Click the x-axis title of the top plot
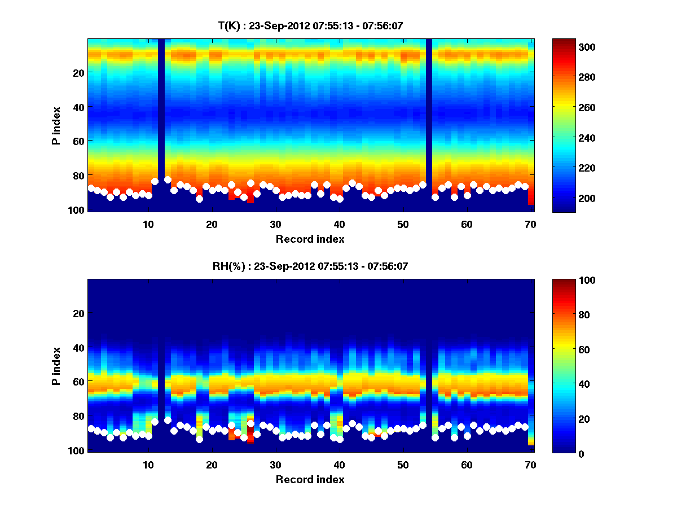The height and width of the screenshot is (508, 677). [310, 239]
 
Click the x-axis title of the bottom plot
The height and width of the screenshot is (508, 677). [310, 480]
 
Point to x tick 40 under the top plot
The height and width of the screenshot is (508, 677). [339, 224]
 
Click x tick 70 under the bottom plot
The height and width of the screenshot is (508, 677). [530, 465]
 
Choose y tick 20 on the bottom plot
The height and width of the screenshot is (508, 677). [78, 313]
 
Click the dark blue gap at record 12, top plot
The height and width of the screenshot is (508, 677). [161, 113]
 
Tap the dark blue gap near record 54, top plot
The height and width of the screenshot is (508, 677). [429, 113]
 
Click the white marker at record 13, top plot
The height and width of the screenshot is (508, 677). [168, 180]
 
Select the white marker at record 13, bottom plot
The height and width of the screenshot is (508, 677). [168, 421]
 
